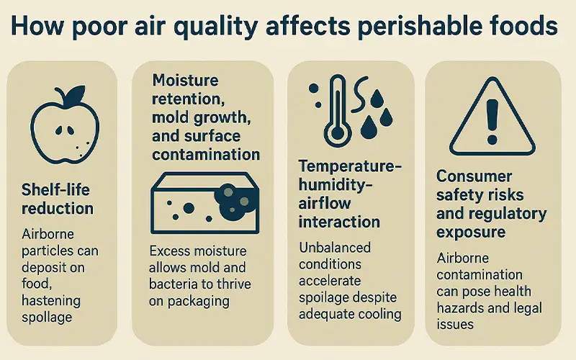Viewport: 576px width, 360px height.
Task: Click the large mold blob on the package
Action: click(235, 199)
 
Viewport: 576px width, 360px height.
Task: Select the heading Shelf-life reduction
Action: click(58, 199)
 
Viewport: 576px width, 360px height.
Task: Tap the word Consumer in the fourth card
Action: click(474, 176)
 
